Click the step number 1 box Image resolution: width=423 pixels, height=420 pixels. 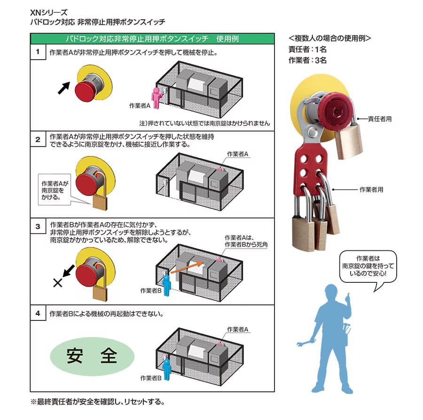click(38, 52)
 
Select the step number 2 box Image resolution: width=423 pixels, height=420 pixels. click(38, 140)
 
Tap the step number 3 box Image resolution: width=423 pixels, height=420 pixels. click(38, 226)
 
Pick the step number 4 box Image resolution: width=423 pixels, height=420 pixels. click(38, 313)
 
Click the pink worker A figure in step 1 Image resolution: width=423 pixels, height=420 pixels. click(157, 98)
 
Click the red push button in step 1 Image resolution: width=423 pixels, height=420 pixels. click(86, 91)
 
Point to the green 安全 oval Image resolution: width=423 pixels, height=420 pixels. click(92, 357)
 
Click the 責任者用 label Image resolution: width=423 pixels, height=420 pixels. click(380, 119)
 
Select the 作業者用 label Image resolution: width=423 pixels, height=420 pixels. click(371, 189)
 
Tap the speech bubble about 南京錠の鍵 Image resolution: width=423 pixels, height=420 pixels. click(368, 267)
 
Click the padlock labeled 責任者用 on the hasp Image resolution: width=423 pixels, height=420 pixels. click(349, 142)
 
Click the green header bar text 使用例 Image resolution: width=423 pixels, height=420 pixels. click(227, 39)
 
